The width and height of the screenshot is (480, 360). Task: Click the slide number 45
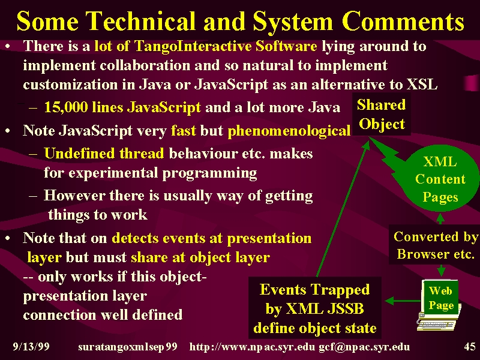tap(470, 347)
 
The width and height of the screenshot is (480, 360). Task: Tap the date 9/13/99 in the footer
tap(31, 347)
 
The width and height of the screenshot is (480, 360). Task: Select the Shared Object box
tap(382, 115)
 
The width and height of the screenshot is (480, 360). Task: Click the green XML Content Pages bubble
tap(440, 179)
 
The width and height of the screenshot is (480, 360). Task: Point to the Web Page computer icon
tap(439, 305)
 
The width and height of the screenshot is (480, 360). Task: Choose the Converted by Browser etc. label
tap(434, 245)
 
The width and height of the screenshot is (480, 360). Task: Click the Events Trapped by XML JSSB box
tap(315, 308)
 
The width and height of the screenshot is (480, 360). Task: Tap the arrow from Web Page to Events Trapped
tap(403, 301)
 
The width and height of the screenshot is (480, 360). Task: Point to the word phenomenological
tap(289, 131)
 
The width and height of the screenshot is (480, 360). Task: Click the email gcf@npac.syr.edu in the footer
tap(364, 347)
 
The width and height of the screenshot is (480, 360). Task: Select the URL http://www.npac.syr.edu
tap(252, 347)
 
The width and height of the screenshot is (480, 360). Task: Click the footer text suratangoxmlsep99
tap(128, 347)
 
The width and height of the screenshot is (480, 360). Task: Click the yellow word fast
tap(183, 131)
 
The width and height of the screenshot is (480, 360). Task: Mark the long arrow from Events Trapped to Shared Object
tap(343, 208)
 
